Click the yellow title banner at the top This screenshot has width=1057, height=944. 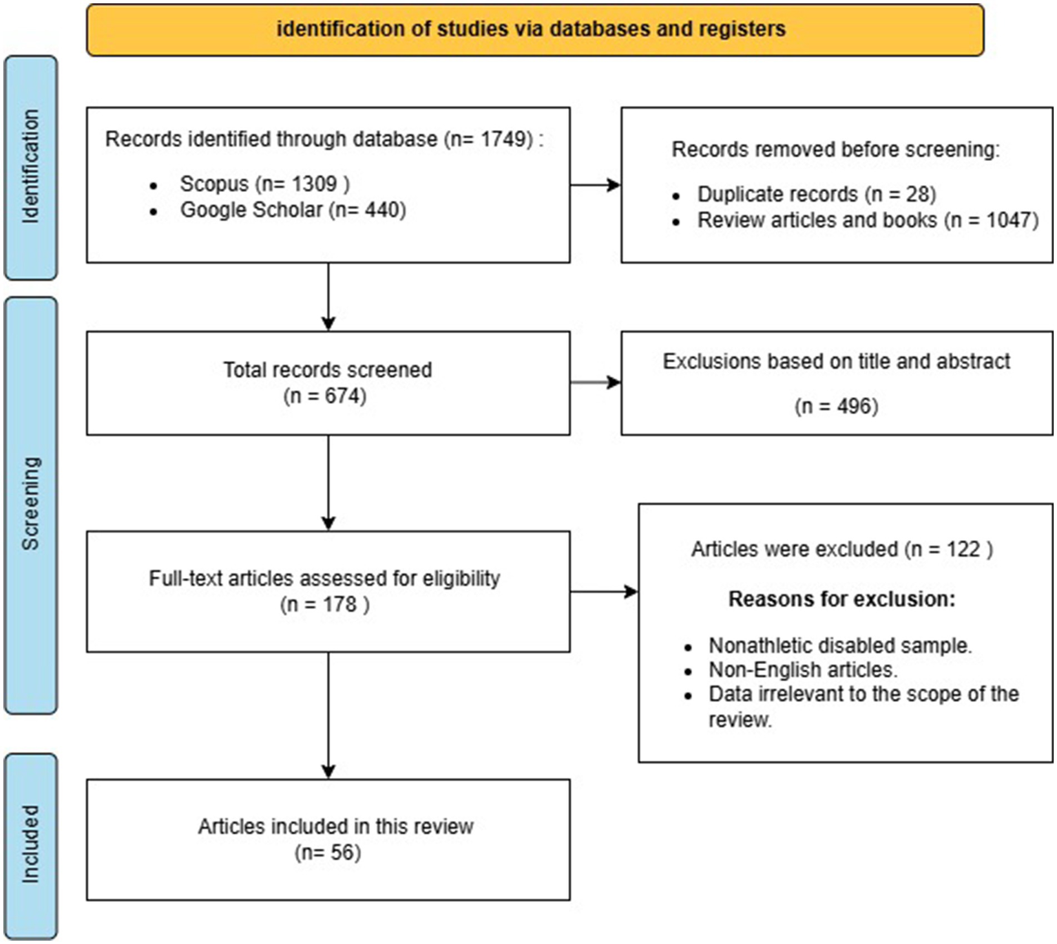[x=534, y=30]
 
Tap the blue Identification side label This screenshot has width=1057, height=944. [x=30, y=167]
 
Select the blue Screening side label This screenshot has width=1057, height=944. [x=30, y=504]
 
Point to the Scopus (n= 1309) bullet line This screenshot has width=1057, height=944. [x=264, y=184]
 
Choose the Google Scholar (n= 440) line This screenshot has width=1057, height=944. [x=293, y=210]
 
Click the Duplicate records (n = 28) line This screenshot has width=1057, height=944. [x=816, y=195]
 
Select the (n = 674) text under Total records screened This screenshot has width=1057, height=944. [x=325, y=396]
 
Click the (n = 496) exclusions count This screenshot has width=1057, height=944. [x=836, y=406]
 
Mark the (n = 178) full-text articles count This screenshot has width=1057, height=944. [x=325, y=605]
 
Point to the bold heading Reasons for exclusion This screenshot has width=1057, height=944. [x=841, y=599]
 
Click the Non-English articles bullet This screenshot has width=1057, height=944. [x=803, y=669]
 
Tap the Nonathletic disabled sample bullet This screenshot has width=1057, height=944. [x=839, y=645]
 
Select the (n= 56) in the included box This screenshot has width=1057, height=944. [x=328, y=852]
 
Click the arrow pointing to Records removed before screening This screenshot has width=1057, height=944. [x=596, y=184]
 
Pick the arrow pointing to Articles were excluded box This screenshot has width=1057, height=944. [x=604, y=591]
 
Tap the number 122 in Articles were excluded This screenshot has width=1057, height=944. [x=963, y=549]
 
